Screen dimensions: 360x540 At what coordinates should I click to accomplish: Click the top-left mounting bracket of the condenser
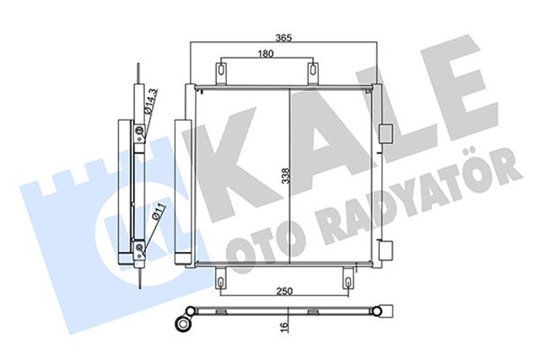point(221,73)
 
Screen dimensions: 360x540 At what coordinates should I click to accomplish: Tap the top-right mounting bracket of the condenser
point(312,73)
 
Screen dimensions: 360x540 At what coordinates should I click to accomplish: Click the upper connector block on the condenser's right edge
point(386,133)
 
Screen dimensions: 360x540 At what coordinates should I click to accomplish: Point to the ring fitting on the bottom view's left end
point(182,321)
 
